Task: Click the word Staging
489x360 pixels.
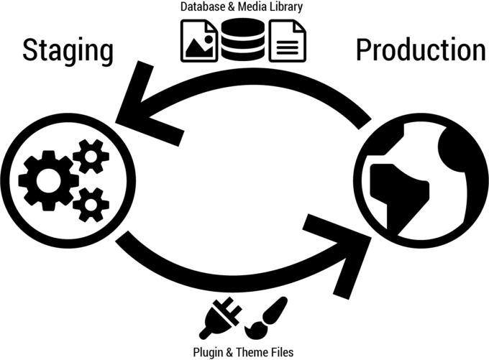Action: click(x=68, y=52)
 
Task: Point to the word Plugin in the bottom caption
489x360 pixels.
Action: click(x=209, y=352)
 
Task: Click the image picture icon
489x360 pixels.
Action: click(x=198, y=42)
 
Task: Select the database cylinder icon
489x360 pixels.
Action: click(x=242, y=42)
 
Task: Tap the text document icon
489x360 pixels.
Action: click(x=287, y=42)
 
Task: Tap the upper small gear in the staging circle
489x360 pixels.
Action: click(x=90, y=156)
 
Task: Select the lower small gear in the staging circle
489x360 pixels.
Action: click(x=91, y=204)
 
